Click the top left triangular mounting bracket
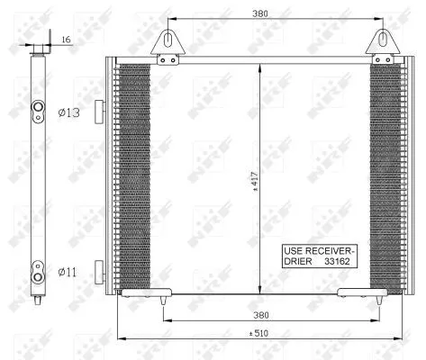[166, 44]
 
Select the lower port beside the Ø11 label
[38, 268]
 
